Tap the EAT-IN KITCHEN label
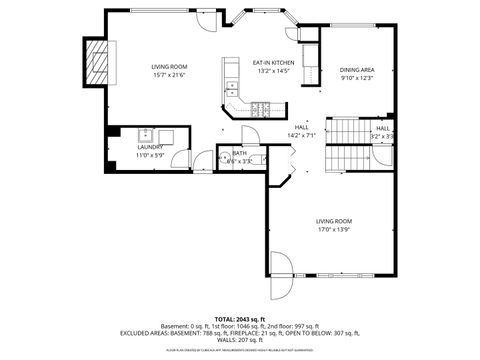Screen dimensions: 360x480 click(x=272, y=62)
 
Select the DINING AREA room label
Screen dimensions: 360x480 click(x=356, y=68)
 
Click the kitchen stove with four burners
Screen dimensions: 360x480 click(x=261, y=108)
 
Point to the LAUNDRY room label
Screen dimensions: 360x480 click(x=150, y=146)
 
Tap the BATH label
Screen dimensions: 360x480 click(x=240, y=153)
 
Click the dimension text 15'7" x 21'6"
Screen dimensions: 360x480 click(x=169, y=76)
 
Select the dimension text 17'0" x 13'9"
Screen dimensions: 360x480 click(x=334, y=229)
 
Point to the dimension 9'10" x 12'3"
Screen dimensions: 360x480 click(x=356, y=77)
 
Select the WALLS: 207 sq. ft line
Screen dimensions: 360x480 click(x=239, y=339)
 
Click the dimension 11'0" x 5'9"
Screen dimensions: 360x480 click(x=150, y=155)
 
